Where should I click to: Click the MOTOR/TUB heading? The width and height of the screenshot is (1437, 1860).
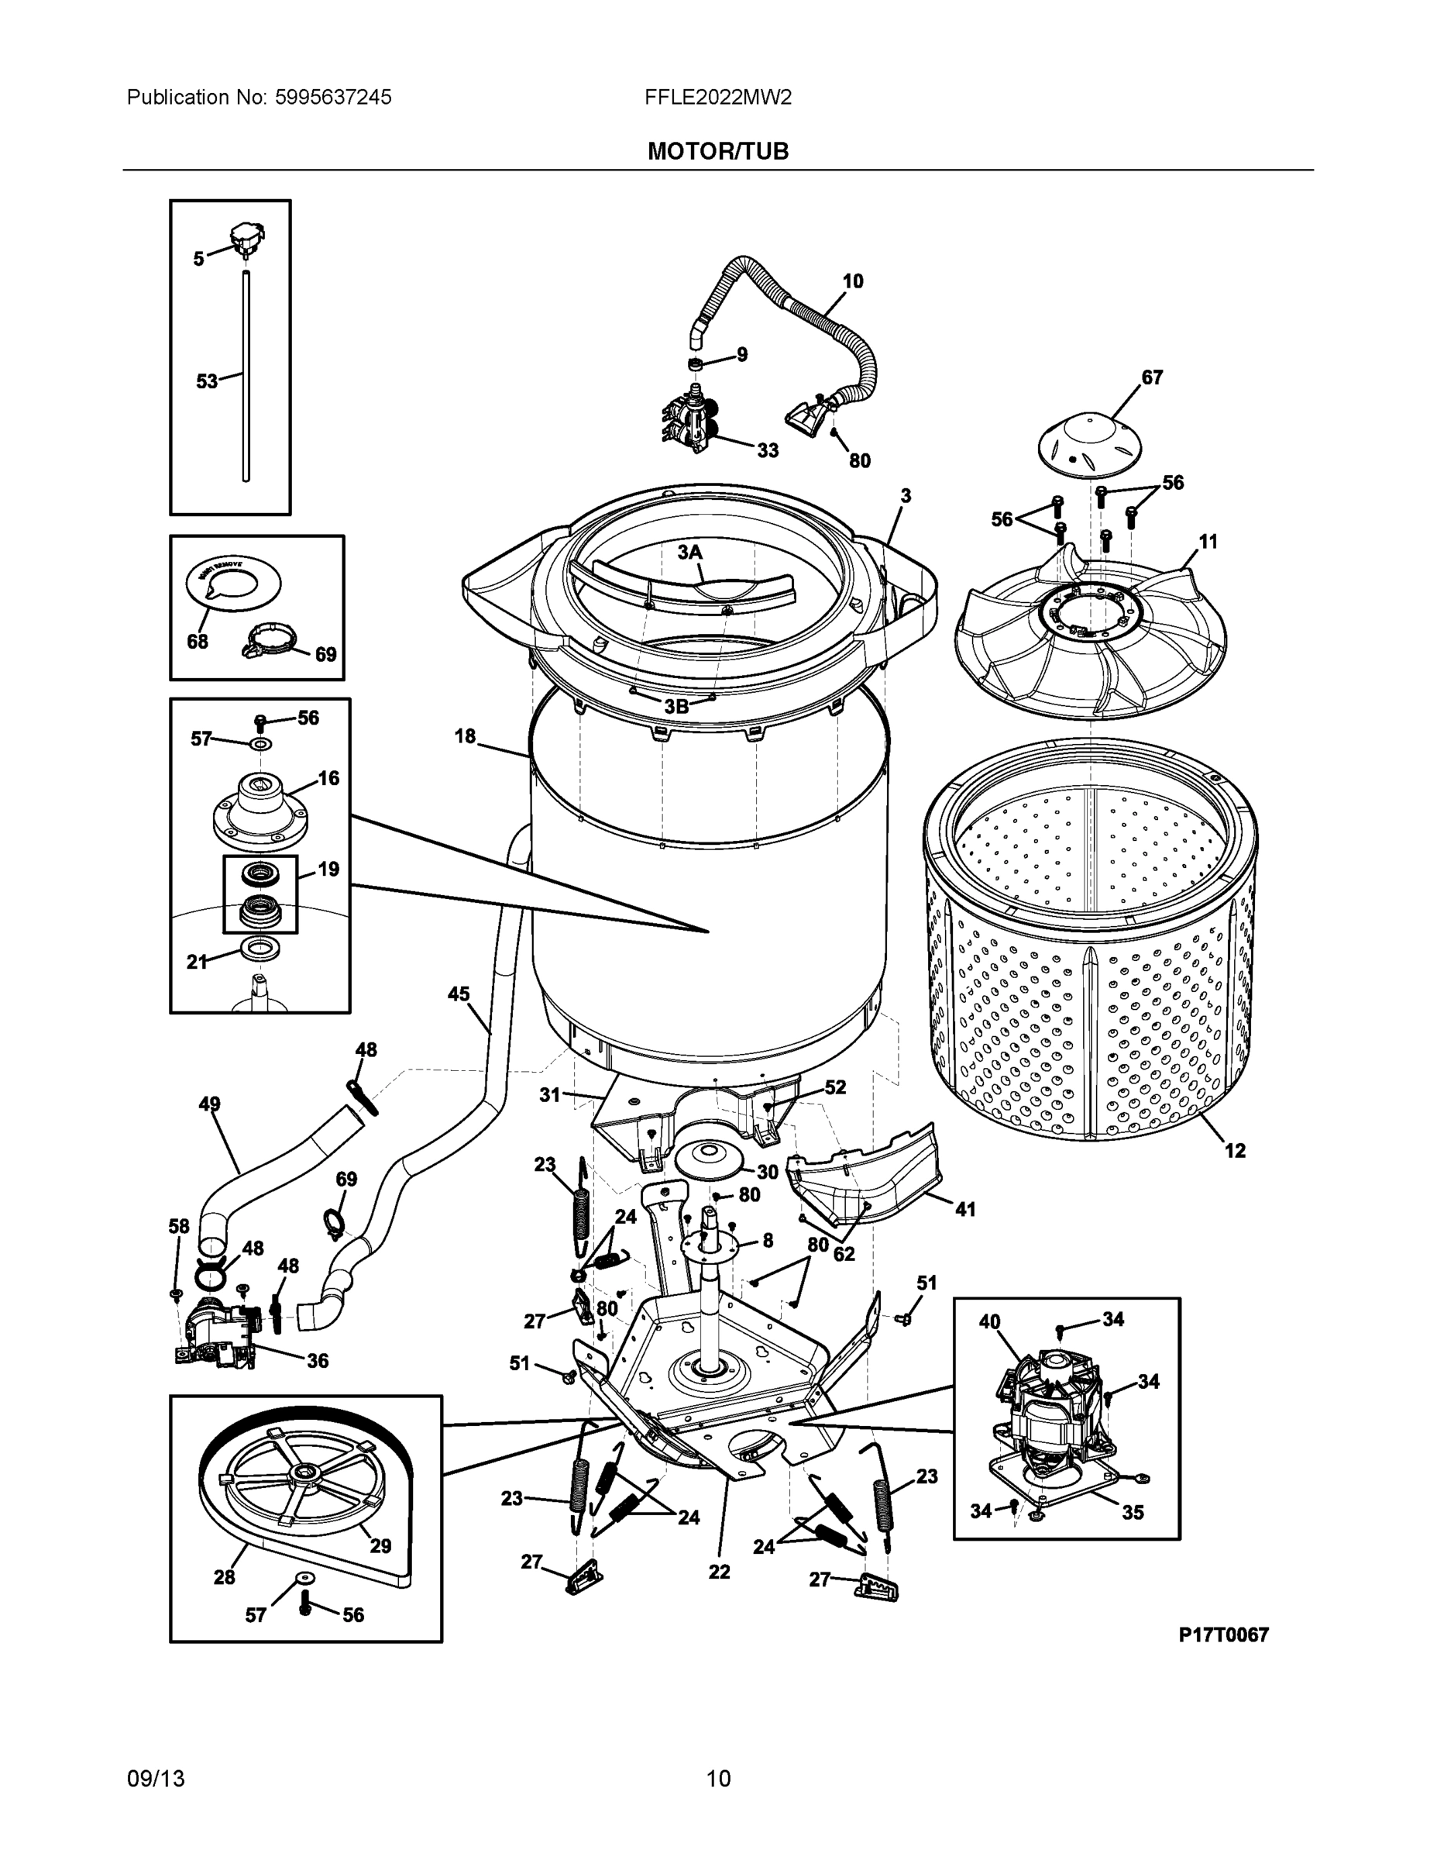tap(717, 152)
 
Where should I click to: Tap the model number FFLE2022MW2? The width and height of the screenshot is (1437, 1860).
tap(717, 98)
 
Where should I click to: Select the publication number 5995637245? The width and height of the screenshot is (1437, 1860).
tap(333, 98)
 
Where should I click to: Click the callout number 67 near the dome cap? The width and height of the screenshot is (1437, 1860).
tap(1152, 377)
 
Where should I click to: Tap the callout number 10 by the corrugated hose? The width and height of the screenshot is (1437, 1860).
tap(852, 281)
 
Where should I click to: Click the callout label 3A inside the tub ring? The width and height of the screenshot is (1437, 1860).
tap(689, 553)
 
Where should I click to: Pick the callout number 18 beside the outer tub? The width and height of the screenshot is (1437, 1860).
tap(465, 735)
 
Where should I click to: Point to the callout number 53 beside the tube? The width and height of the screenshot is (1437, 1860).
tap(207, 381)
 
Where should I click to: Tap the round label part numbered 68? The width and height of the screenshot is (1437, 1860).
tap(233, 584)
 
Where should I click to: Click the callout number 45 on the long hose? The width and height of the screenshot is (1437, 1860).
tap(458, 994)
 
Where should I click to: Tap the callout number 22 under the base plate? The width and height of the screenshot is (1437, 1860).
tap(720, 1571)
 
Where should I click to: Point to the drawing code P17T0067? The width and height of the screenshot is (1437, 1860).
tap(1223, 1634)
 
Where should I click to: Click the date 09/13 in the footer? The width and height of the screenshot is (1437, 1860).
tap(156, 1779)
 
